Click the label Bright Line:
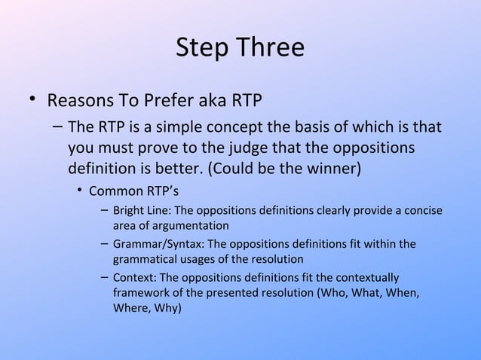pyautogui.click(x=142, y=210)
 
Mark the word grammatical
pyautogui.click(x=144, y=259)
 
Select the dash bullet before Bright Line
pyautogui.click(x=103, y=210)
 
